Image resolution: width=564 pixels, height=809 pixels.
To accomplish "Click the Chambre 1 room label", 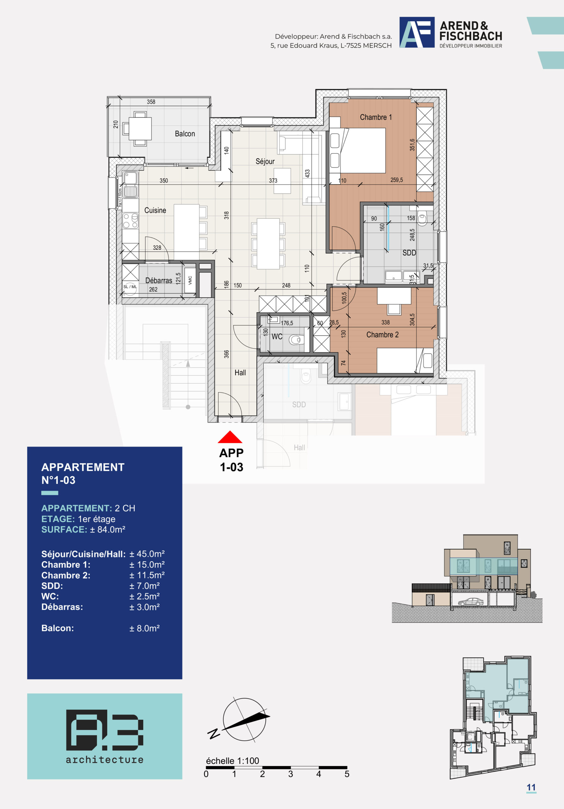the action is pyautogui.click(x=376, y=117).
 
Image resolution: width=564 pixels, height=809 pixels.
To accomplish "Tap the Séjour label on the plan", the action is pyautogui.click(x=265, y=161).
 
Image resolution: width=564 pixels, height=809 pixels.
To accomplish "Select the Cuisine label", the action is pyautogui.click(x=155, y=210).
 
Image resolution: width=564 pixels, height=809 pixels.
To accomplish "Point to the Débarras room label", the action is pyautogui.click(x=159, y=281).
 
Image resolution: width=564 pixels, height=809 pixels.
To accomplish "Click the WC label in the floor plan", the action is pyautogui.click(x=277, y=337).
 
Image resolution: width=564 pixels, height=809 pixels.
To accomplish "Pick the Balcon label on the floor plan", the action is pyautogui.click(x=185, y=134).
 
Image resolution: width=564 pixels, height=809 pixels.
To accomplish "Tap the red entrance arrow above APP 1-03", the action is pyautogui.click(x=230, y=437).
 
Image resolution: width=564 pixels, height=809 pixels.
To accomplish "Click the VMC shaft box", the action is pyautogui.click(x=190, y=280).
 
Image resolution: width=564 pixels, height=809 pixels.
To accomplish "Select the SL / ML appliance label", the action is pyautogui.click(x=130, y=287).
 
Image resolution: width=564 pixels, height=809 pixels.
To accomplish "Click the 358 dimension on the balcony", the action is pyautogui.click(x=151, y=102).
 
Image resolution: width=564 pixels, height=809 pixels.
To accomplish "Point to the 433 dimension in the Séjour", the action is pyautogui.click(x=307, y=173).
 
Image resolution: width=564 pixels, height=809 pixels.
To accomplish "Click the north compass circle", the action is pyautogui.click(x=244, y=720).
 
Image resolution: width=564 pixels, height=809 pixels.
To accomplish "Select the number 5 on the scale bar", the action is pyautogui.click(x=347, y=774).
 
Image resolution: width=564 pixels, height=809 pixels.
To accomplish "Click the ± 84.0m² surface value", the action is pyautogui.click(x=107, y=530).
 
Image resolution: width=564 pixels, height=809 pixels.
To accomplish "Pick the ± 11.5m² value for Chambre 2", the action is pyautogui.click(x=147, y=575).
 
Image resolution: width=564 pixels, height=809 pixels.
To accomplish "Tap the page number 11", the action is pyautogui.click(x=531, y=787).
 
